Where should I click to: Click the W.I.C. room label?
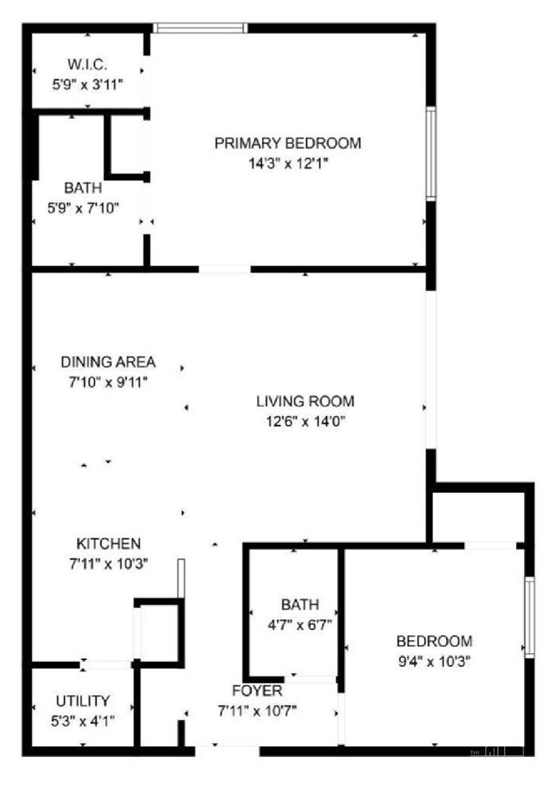click(87, 65)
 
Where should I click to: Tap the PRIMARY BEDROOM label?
click(287, 143)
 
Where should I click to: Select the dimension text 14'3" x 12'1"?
click(288, 163)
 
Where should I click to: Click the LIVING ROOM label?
click(305, 401)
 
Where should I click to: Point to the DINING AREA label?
click(108, 362)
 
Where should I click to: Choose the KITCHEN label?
click(109, 544)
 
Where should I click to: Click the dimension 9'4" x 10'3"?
click(434, 662)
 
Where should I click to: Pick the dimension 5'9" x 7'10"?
click(83, 209)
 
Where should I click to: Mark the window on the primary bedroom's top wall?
click(200, 28)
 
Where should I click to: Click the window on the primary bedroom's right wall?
click(431, 154)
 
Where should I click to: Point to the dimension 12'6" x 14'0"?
click(305, 421)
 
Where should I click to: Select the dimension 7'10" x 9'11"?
click(108, 382)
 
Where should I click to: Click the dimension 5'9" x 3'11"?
click(88, 85)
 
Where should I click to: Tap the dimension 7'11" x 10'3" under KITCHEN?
click(109, 564)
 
